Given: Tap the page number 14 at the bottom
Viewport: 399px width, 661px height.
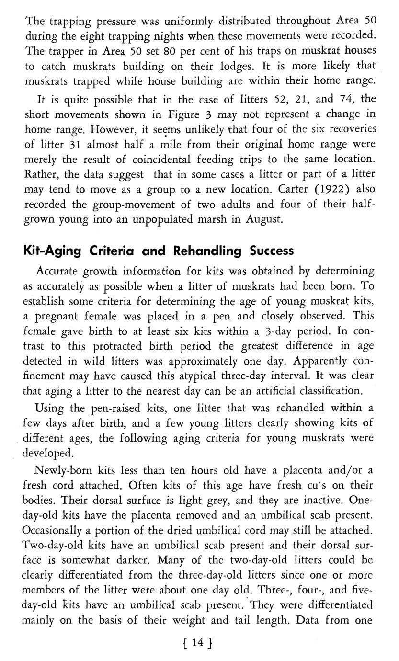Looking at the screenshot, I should pyautogui.click(x=198, y=642).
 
